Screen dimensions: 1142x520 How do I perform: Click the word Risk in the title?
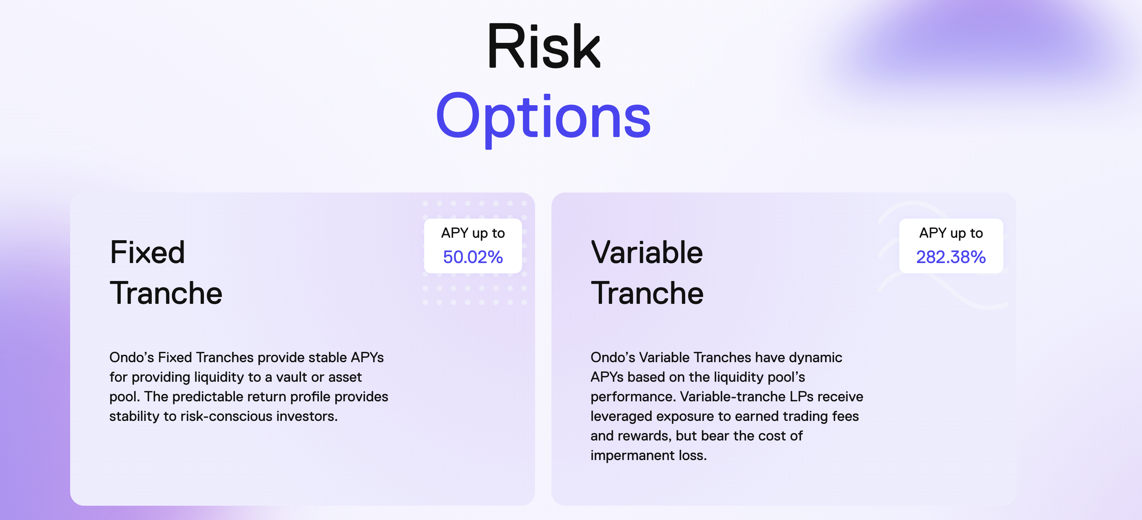544,46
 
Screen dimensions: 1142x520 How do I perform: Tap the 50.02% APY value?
473,257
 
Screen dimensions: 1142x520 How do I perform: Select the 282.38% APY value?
951,257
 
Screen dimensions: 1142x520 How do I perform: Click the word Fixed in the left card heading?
147,252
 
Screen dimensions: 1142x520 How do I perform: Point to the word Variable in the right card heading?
647,252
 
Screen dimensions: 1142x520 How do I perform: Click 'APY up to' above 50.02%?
473,233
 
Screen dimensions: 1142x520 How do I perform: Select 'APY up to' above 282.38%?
951,233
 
